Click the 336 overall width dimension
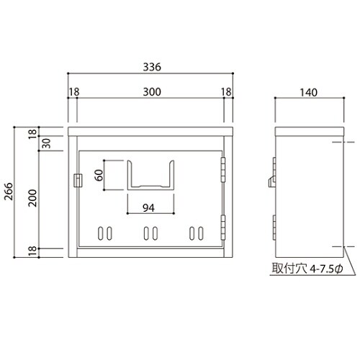(150, 67)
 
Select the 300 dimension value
(150, 91)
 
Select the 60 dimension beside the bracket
(99, 175)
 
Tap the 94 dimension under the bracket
(149, 208)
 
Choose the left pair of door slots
(105, 234)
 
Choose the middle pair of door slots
(151, 234)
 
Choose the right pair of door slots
(197, 234)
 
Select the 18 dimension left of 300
(74, 91)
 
